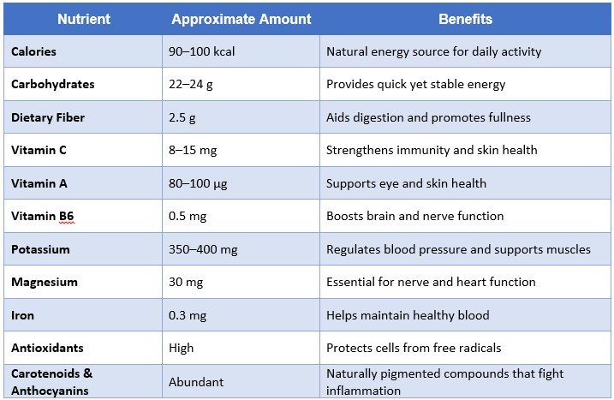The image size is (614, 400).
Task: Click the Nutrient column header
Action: (83, 18)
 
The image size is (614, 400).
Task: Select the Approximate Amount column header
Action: (241, 18)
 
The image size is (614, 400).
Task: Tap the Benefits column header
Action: (465, 18)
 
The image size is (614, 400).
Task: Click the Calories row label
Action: (33, 51)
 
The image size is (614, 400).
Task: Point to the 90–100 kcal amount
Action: (201, 51)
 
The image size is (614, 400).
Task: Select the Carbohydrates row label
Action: (53, 85)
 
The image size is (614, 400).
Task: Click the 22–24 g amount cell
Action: (194, 85)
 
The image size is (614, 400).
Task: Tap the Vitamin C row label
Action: (39, 150)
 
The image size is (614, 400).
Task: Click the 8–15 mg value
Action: (193, 150)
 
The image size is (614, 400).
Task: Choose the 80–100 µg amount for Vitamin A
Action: (200, 183)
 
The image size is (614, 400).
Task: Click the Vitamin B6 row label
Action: (40, 216)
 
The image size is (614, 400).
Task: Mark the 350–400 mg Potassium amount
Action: (203, 249)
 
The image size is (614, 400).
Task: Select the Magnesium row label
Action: (45, 282)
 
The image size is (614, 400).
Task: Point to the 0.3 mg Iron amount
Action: (188, 315)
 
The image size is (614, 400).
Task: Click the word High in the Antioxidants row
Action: (182, 348)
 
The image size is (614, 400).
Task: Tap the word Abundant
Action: (195, 382)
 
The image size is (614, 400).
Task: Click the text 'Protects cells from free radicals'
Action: (414, 348)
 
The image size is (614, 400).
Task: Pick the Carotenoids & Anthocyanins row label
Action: (51, 382)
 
